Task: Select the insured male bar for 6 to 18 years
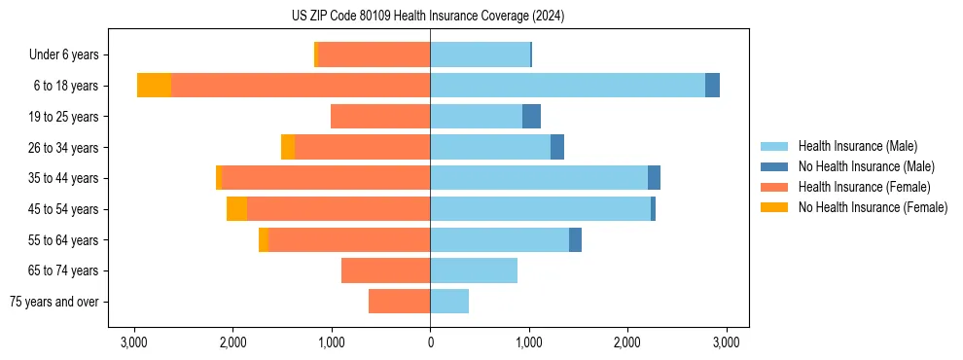tap(567, 86)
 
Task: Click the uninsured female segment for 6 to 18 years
tap(154, 86)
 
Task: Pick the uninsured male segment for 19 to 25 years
tap(531, 117)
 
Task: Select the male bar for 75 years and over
tap(449, 302)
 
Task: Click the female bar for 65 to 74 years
tap(386, 270)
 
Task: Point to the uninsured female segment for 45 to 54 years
tap(236, 209)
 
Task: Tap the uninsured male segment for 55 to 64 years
tap(575, 240)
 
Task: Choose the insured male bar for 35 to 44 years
tap(539, 178)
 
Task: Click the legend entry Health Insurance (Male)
tap(857, 146)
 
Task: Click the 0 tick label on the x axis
tap(430, 342)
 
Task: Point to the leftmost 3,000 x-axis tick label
tap(134, 342)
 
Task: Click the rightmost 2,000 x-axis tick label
tap(627, 342)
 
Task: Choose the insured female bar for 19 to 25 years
tap(380, 117)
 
